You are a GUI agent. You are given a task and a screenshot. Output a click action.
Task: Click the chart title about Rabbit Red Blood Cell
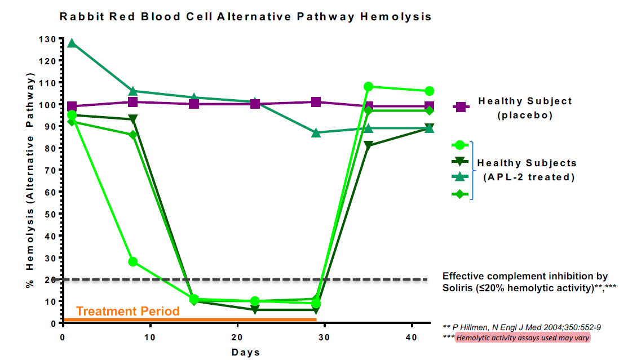245,17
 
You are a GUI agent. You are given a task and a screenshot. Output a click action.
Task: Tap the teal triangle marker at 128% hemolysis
72,43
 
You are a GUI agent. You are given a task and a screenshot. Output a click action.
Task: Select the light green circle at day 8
133,261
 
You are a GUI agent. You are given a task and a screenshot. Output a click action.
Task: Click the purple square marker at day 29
316,102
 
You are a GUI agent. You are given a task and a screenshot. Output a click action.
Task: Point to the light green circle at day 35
368,87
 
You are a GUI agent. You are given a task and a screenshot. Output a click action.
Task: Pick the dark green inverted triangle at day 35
368,146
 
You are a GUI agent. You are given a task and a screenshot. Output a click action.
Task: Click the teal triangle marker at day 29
316,133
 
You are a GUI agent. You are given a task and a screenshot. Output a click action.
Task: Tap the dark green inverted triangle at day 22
255,310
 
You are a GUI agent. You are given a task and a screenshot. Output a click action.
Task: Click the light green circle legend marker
460,145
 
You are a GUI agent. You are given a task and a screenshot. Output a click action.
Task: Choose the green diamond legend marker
460,194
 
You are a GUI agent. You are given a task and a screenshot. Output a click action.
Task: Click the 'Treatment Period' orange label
128,311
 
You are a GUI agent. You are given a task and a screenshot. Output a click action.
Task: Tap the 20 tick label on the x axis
237,337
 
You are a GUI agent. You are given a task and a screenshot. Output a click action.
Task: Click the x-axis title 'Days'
245,353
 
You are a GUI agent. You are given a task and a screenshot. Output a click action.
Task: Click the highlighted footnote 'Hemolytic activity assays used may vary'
523,338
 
